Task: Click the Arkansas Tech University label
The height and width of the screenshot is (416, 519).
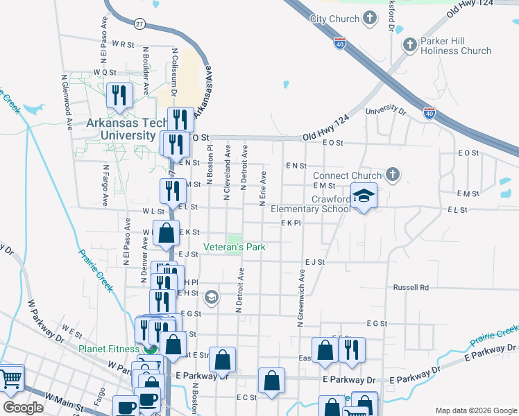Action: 121,129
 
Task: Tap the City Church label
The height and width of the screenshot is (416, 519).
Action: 337,18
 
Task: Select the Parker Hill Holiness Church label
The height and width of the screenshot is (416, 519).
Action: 456,46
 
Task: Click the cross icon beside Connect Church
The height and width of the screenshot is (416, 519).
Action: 393,175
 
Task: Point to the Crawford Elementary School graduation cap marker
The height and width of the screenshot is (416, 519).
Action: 364,197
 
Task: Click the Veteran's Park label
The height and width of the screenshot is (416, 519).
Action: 235,247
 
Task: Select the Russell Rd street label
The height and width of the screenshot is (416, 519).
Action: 411,287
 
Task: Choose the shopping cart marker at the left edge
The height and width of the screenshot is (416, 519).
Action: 11,379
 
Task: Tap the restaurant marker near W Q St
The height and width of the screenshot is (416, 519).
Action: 120,96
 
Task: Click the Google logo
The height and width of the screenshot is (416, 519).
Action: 24,408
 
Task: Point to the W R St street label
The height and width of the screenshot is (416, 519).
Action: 122,44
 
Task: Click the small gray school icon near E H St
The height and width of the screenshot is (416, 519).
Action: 212,297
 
